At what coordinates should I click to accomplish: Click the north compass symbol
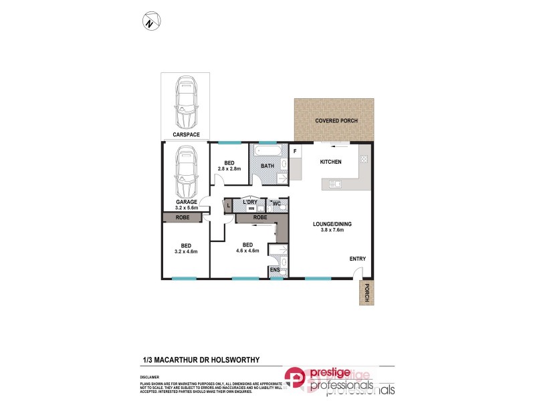point(150,22)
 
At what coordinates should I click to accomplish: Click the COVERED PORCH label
point(336,121)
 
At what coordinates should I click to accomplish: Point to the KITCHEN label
point(330,162)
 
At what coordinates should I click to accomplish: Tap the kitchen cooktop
point(364,159)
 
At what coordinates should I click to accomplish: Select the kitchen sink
point(334,184)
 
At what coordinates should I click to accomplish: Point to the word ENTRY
point(356,259)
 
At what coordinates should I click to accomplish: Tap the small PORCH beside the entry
point(365,292)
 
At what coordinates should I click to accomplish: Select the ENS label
point(275,270)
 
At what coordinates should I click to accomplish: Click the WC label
point(276,202)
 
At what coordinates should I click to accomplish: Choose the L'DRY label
point(251,202)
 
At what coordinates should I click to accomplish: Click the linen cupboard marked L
point(228,206)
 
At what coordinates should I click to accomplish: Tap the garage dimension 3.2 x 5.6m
point(186,208)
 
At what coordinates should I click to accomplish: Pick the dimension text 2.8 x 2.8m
point(229,168)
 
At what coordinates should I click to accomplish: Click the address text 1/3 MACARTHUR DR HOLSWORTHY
point(201,359)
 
